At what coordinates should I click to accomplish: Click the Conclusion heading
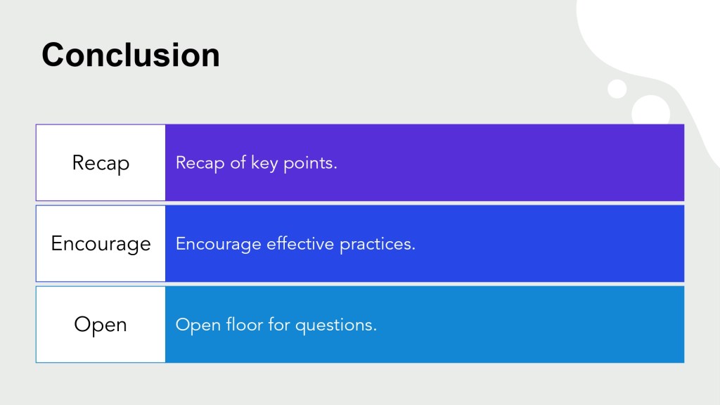[131, 55]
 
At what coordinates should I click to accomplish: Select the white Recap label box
[101, 162]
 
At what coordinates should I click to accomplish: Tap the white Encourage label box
[101, 243]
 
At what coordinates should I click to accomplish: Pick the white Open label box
[101, 324]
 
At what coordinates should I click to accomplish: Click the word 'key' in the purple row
[264, 163]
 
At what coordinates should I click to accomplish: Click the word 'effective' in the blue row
[300, 243]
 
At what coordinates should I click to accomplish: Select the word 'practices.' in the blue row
[378, 245]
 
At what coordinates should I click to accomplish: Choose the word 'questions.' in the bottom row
[336, 326]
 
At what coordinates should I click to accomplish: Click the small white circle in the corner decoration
[617, 89]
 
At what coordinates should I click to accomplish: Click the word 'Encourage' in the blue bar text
[219, 245]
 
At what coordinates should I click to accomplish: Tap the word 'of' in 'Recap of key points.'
[238, 162]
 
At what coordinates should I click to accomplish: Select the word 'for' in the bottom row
[279, 324]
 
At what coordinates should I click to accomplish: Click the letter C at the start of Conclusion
[52, 55]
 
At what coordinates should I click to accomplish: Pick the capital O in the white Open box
[82, 324]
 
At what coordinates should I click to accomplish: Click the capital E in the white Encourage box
[56, 243]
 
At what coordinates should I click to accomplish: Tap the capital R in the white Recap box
[78, 162]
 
